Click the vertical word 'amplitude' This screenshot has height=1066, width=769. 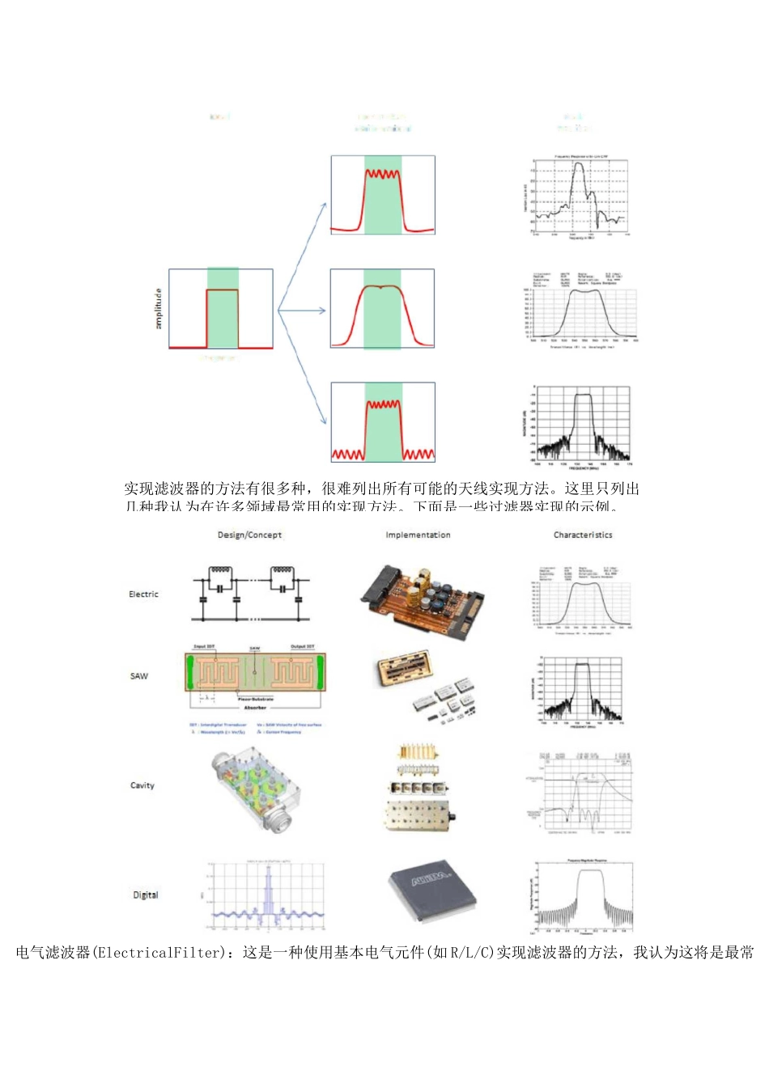coord(159,308)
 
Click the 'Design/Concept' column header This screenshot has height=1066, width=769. coord(249,535)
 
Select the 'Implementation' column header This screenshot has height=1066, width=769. coord(418,535)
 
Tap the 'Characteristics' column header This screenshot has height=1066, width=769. coord(583,535)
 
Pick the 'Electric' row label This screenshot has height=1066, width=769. coord(143,594)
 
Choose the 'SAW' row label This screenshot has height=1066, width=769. coord(139,676)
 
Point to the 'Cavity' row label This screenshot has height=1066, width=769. coord(142,785)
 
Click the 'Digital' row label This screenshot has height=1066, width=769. coord(146,895)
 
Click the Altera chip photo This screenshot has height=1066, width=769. coord(432,891)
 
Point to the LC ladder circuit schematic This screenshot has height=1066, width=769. coord(251,594)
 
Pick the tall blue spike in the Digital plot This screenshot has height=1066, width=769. coord(269,894)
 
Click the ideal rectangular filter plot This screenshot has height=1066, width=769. coord(221,309)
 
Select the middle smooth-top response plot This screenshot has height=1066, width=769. coord(382,309)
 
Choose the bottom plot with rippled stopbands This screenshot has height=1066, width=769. coord(382,422)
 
